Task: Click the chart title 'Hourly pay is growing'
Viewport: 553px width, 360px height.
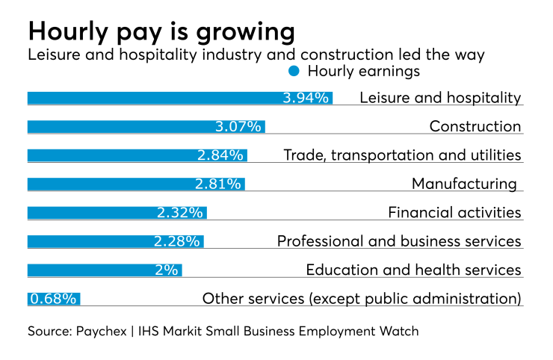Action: (161, 32)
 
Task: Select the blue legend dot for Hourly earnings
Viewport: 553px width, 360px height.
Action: (294, 72)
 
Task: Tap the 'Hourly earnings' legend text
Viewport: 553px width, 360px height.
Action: (364, 72)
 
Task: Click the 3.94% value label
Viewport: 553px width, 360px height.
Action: (306, 98)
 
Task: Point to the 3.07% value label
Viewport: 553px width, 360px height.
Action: (238, 126)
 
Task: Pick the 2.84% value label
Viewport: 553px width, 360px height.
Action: (220, 155)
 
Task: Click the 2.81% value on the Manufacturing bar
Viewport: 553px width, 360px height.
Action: (218, 184)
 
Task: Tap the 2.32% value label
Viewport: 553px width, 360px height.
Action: (180, 213)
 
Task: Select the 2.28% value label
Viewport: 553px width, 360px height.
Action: (176, 241)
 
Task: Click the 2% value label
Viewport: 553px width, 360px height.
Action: (166, 270)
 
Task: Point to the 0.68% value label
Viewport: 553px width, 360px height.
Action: (53, 299)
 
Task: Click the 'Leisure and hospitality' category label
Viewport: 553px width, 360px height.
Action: (440, 98)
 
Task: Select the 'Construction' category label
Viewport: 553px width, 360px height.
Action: (475, 126)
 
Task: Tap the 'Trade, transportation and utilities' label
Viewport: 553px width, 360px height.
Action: (402, 155)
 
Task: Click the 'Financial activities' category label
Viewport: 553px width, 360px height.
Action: (454, 213)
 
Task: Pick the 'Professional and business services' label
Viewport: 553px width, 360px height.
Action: (399, 241)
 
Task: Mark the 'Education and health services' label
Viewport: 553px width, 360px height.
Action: (413, 270)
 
